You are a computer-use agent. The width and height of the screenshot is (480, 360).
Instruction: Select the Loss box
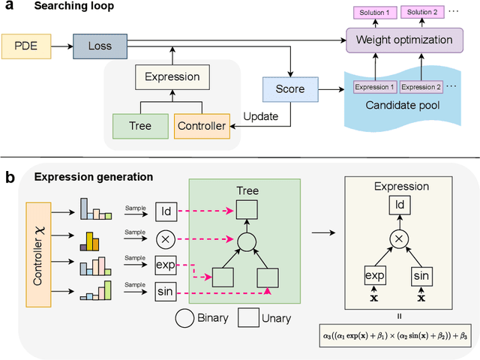pos(100,46)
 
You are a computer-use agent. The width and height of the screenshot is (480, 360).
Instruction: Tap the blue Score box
pos(289,89)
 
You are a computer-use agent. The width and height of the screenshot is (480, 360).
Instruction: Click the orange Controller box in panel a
pos(200,126)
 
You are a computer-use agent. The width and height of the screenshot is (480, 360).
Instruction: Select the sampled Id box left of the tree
pos(166,213)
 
